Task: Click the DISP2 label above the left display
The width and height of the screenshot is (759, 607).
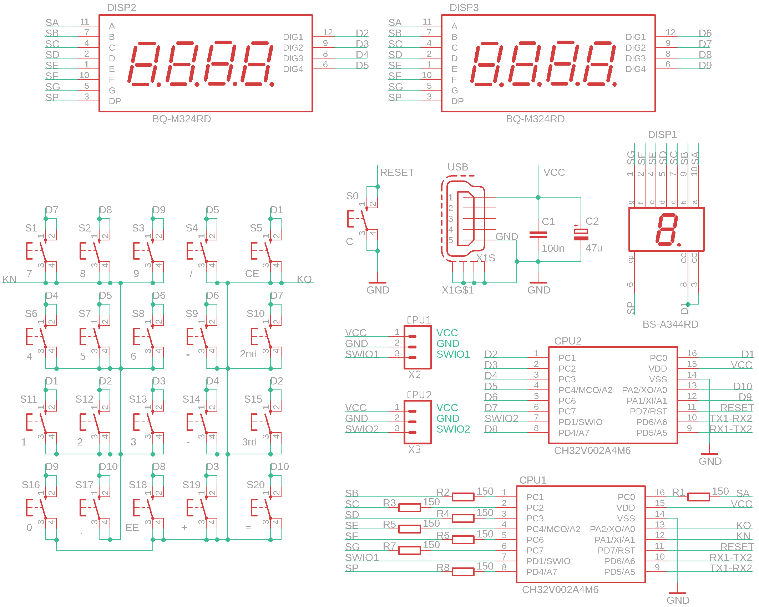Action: pyautogui.click(x=121, y=7)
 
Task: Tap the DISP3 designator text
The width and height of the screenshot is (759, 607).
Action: pyautogui.click(x=464, y=7)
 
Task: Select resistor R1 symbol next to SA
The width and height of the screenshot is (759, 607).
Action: pyautogui.click(x=698, y=497)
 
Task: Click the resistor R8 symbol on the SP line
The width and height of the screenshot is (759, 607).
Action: pyautogui.click(x=463, y=572)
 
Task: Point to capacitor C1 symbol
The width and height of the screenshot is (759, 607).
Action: pyautogui.click(x=538, y=234)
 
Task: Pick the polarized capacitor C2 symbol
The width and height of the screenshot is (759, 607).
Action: pyautogui.click(x=581, y=235)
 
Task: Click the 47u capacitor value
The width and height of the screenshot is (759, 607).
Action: pyautogui.click(x=594, y=248)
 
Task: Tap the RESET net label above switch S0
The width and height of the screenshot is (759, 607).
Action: pyautogui.click(x=397, y=172)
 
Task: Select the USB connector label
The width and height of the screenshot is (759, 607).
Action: pyautogui.click(x=458, y=167)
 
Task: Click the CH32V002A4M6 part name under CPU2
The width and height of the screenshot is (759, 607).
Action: pyautogui.click(x=592, y=450)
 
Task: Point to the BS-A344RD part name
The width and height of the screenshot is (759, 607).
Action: pyautogui.click(x=670, y=324)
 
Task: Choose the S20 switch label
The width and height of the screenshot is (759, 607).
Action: pyautogui.click(x=255, y=485)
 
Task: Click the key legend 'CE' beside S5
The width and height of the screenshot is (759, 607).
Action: pyautogui.click(x=252, y=274)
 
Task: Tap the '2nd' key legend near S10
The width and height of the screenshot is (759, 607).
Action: pyautogui.click(x=248, y=354)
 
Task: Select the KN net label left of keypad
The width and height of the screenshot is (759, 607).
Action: pyautogui.click(x=10, y=279)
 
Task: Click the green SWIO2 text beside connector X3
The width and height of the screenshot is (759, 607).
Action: pyautogui.click(x=453, y=429)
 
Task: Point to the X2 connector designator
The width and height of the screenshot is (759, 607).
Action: pyautogui.click(x=414, y=374)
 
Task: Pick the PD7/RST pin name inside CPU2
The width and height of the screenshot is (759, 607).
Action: pyautogui.click(x=648, y=411)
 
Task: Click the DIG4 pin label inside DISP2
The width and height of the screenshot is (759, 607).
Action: pyautogui.click(x=293, y=69)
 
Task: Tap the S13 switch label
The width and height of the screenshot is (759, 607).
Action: pyautogui.click(x=138, y=399)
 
